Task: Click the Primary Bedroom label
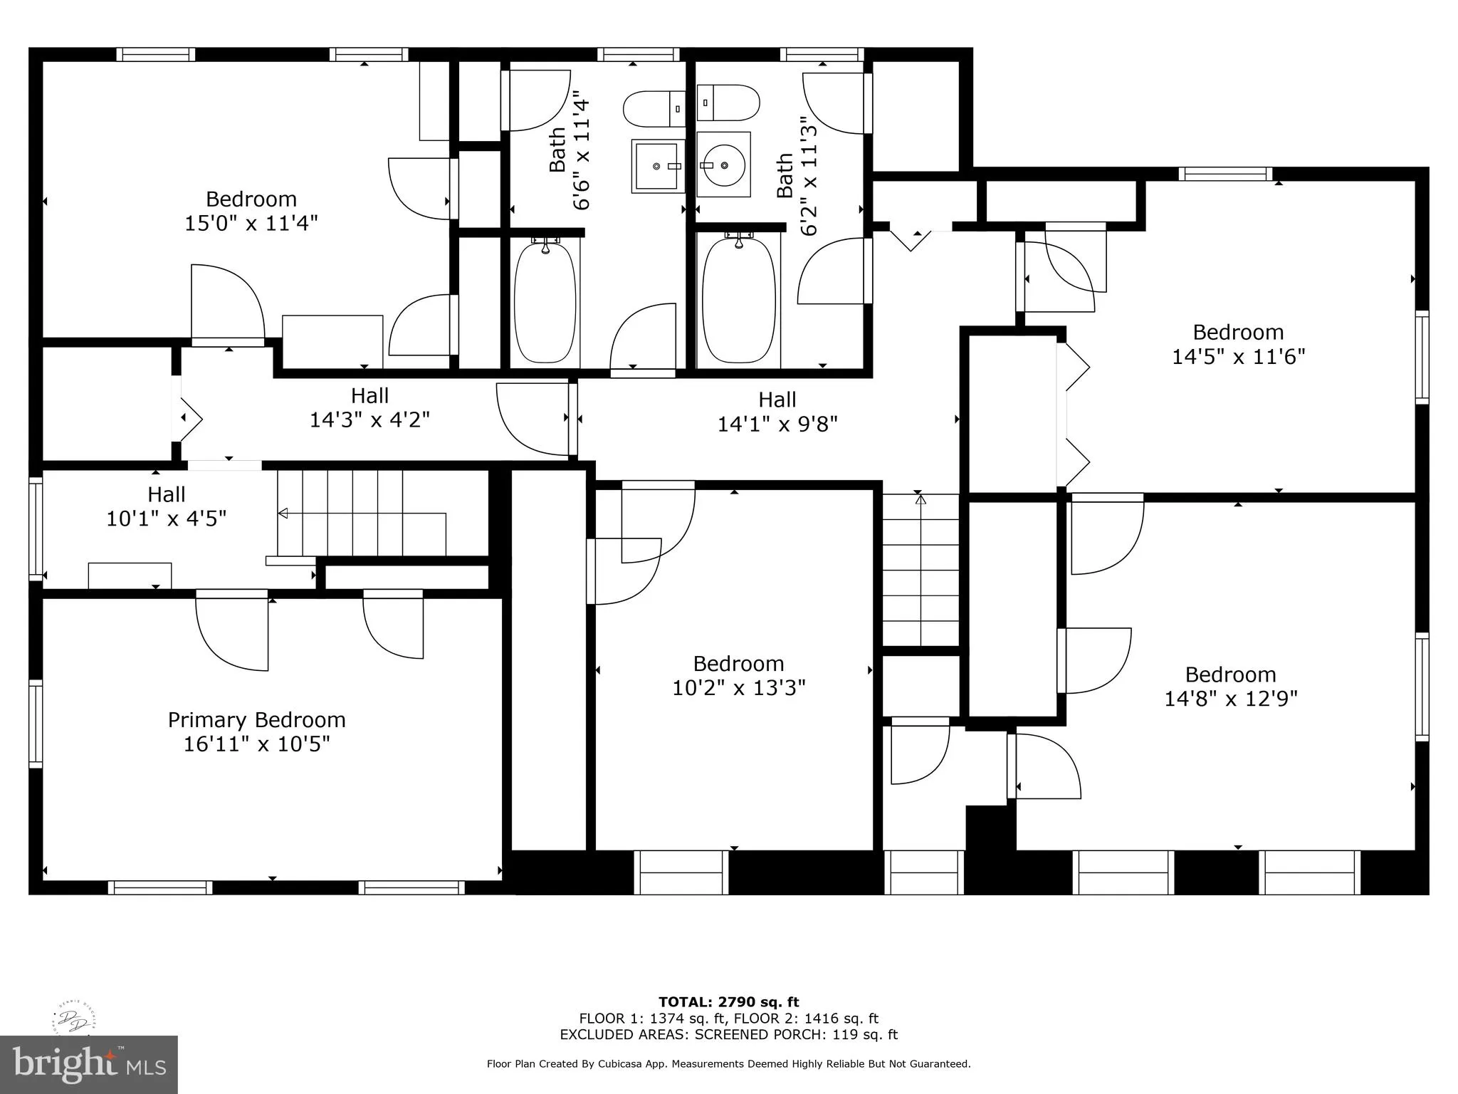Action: click(x=256, y=720)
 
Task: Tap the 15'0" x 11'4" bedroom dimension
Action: click(x=251, y=224)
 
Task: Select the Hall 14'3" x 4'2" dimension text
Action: click(x=369, y=420)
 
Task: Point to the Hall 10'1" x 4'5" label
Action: click(x=167, y=506)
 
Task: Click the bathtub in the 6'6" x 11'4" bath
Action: click(x=545, y=301)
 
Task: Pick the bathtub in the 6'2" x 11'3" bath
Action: click(x=739, y=301)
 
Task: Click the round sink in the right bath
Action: click(x=723, y=165)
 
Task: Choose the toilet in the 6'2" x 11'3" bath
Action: click(x=728, y=103)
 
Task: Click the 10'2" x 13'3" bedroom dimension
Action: click(x=739, y=688)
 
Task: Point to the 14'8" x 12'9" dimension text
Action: click(x=1231, y=699)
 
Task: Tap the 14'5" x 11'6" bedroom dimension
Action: click(x=1239, y=356)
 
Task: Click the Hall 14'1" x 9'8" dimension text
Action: click(x=777, y=424)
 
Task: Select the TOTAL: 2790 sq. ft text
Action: click(x=729, y=1002)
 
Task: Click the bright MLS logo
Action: click(x=89, y=1065)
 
